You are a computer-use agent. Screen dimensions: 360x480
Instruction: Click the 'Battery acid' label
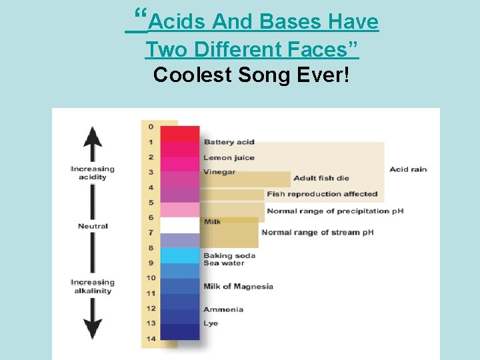[229, 142]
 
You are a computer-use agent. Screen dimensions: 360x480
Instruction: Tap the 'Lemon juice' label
[229, 157]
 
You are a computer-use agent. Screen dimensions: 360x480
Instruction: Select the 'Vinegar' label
[219, 172]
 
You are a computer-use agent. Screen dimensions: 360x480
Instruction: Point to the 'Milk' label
[212, 221]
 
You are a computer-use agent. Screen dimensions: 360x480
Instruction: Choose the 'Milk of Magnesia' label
[238, 287]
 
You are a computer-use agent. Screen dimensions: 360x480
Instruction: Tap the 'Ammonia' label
[223, 309]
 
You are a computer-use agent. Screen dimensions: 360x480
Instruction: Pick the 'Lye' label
[210, 323]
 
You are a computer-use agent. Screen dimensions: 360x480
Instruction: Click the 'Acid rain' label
[408, 169]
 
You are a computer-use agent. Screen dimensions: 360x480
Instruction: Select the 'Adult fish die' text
[321, 178]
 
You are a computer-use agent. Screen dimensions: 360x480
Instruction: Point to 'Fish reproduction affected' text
[322, 194]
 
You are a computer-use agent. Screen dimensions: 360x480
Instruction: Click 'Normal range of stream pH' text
[317, 232]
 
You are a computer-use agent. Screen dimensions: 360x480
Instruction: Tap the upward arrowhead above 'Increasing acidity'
[93, 137]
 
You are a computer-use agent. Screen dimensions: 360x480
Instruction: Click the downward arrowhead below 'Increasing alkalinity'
[93, 329]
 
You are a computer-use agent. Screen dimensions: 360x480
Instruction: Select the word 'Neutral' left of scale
[93, 226]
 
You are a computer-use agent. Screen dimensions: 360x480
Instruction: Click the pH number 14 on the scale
[151, 339]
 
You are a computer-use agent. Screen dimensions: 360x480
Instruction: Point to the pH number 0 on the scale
[151, 127]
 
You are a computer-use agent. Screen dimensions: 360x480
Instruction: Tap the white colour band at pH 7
[179, 225]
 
